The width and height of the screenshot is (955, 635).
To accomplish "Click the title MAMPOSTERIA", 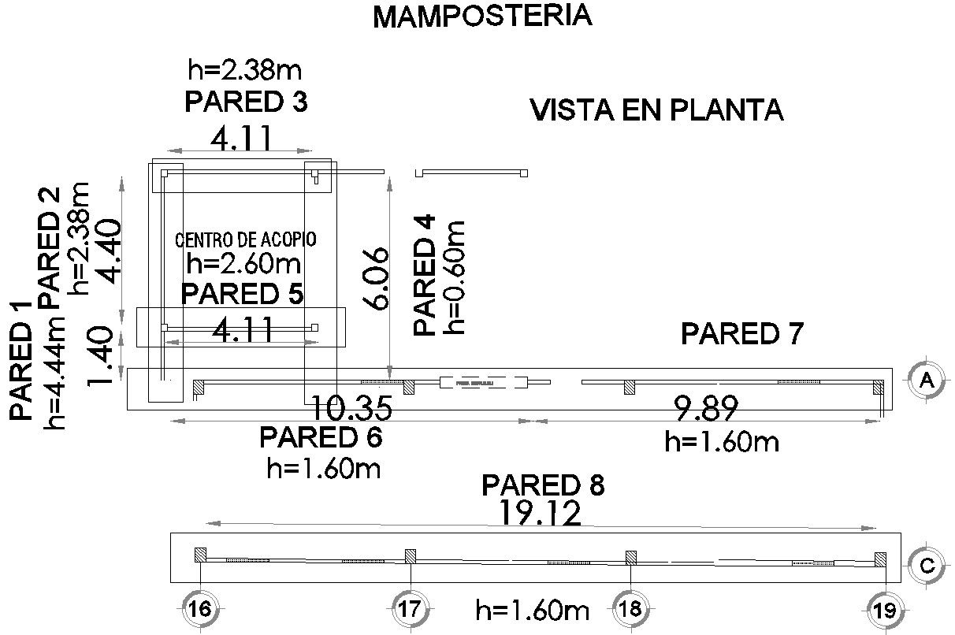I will (x=481, y=17).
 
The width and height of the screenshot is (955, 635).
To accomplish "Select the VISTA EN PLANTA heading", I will (x=657, y=110).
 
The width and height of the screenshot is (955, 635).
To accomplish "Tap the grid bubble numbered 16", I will (x=199, y=608).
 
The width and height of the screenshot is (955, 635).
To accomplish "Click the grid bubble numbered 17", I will (x=410, y=608).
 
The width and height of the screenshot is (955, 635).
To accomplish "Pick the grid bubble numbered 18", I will (x=630, y=608).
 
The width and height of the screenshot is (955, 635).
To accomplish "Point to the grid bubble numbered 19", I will (x=883, y=610).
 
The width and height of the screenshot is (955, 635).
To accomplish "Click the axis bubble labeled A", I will (x=927, y=381).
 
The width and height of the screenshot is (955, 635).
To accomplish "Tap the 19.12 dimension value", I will (x=541, y=513).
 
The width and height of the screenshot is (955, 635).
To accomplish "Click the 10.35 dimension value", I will (x=351, y=409).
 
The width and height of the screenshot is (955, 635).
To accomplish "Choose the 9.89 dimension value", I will (x=706, y=409).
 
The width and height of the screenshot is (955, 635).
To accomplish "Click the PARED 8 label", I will (x=543, y=485).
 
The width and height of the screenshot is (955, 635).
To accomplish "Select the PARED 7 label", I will (x=741, y=334).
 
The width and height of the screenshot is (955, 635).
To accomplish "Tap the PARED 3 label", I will (x=245, y=102).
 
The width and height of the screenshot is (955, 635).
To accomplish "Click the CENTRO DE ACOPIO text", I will (x=245, y=240).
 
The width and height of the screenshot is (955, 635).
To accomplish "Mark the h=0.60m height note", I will (x=455, y=277).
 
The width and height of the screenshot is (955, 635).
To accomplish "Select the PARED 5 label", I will (x=242, y=294).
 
